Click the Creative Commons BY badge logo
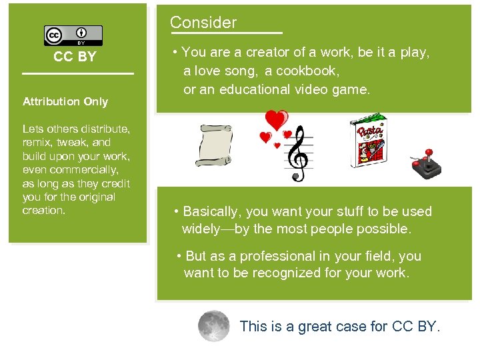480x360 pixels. [x=73, y=35]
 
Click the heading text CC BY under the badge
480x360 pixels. [x=75, y=57]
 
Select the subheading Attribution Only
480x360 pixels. [x=65, y=102]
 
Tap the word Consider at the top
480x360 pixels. [x=203, y=23]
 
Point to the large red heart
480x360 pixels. [x=276, y=120]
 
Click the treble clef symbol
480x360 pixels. [x=297, y=155]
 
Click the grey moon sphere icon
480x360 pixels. [x=214, y=326]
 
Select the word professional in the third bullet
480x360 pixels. [x=271, y=256]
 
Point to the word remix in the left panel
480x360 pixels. [x=37, y=143]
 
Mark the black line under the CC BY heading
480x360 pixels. [x=78, y=73]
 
